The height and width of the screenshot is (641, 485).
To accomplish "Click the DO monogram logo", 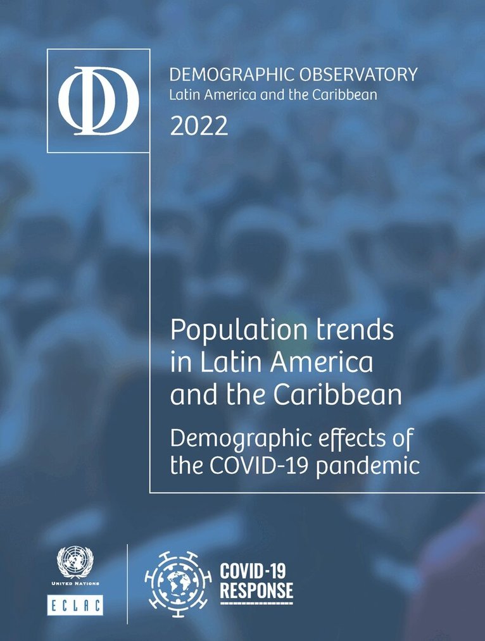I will pyautogui.click(x=98, y=100).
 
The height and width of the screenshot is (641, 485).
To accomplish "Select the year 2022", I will pyautogui.click(x=198, y=127).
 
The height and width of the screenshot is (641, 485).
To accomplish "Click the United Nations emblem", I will pyautogui.click(x=75, y=561).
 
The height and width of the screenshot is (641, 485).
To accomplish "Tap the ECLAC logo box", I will pyautogui.click(x=75, y=604).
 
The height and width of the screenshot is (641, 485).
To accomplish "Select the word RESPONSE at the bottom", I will pyautogui.click(x=256, y=590).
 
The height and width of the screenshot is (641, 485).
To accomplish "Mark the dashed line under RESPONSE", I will pyautogui.click(x=256, y=602).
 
